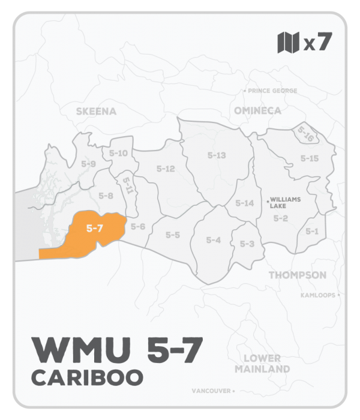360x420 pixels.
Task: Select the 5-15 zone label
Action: (x=309, y=158)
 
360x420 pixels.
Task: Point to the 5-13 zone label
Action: (x=216, y=155)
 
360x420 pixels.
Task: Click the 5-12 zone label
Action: (x=165, y=169)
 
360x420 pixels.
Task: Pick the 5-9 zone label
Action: (x=88, y=163)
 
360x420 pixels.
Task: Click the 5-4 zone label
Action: (x=214, y=240)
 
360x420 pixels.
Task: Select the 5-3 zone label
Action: (x=247, y=244)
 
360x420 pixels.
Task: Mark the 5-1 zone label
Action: (x=311, y=231)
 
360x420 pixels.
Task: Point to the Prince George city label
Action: (x=272, y=91)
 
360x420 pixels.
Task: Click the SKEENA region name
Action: (x=96, y=111)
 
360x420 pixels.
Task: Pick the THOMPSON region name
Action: (x=297, y=275)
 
